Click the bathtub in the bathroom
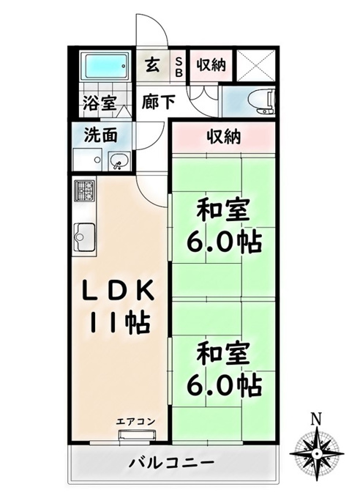(105, 66)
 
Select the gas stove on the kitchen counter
(84, 190)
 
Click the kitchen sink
(84, 237)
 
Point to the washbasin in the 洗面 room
(119, 161)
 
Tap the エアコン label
(135, 422)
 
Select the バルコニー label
(171, 462)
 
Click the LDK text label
(119, 290)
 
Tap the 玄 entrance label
(152, 65)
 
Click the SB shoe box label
(179, 67)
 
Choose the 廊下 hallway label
(158, 103)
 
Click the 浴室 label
(100, 103)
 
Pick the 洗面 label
(101, 135)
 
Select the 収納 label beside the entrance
(211, 65)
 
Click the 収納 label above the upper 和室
(224, 136)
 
